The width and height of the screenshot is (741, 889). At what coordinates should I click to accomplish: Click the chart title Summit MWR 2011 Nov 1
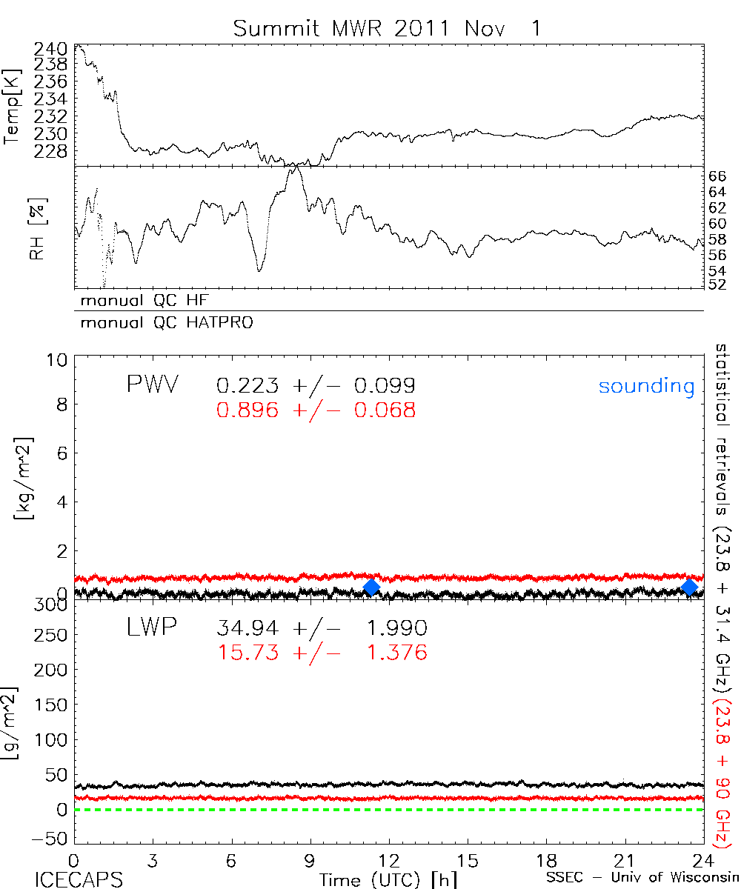click(x=387, y=29)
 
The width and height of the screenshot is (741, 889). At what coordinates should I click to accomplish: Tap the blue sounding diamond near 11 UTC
click(x=372, y=587)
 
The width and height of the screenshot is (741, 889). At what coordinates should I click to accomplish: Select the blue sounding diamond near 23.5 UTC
click(x=690, y=587)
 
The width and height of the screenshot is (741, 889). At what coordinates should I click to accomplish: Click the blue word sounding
click(x=647, y=386)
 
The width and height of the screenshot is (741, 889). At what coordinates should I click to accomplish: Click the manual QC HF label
click(x=139, y=301)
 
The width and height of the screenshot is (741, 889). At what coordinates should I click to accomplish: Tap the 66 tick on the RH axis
click(x=717, y=176)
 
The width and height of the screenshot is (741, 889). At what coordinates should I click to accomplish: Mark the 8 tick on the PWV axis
click(x=62, y=406)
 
